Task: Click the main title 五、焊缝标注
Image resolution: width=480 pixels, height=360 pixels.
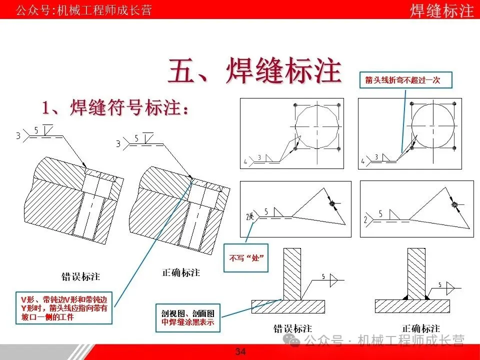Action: pos(254,70)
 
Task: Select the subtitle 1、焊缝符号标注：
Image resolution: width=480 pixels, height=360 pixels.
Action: pos(116,107)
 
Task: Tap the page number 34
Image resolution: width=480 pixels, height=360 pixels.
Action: pos(240,352)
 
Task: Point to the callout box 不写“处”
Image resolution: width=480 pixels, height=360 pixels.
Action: pos(246,258)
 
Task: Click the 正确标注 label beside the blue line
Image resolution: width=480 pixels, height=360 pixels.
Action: pos(181,272)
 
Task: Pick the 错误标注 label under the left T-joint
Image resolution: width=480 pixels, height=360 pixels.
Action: pos(292,328)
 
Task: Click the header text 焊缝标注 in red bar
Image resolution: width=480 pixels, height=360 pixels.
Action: pos(441,10)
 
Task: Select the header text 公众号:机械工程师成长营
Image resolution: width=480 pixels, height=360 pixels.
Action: pos(84,10)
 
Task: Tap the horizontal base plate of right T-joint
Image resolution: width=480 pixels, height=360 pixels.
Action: pos(412,306)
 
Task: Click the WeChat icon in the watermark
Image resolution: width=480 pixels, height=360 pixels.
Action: pos(292,341)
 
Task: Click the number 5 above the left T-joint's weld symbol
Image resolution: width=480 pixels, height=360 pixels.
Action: pos(323,276)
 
